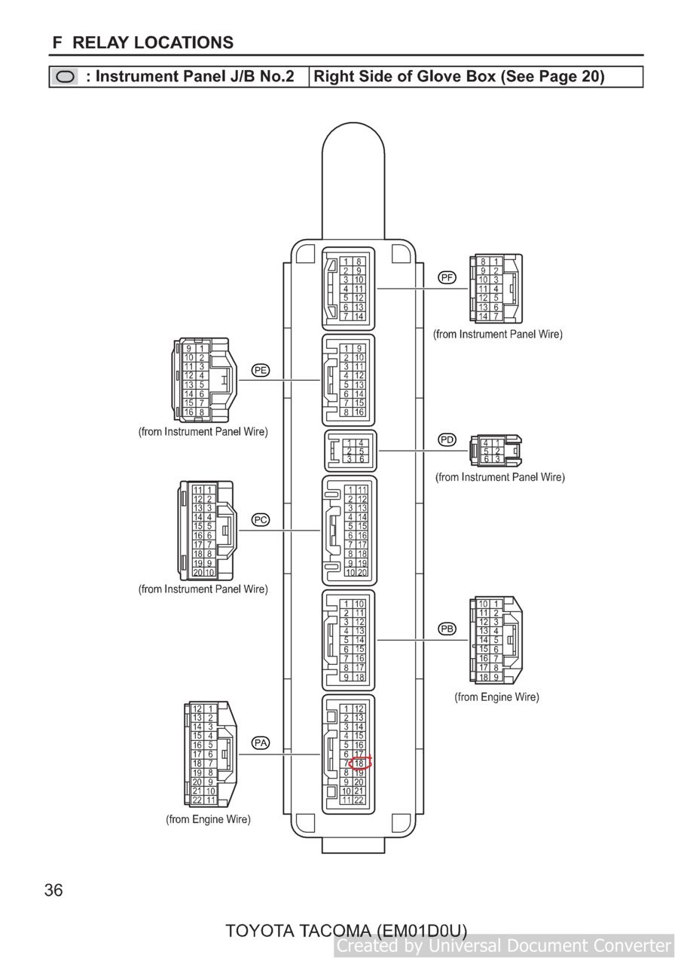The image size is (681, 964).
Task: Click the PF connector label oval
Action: click(447, 277)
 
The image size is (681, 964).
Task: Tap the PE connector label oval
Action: click(260, 370)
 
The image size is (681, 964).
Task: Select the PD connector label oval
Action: click(447, 439)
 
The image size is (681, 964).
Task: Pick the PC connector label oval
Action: click(260, 520)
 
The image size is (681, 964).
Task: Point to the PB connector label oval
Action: click(447, 629)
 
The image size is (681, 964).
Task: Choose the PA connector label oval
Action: click(260, 743)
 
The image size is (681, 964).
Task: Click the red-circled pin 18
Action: click(359, 763)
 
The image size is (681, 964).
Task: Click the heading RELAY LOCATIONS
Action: click(153, 43)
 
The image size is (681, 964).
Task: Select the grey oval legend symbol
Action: click(65, 77)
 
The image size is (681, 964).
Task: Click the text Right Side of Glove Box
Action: click(405, 76)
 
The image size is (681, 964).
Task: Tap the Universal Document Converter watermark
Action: click(504, 945)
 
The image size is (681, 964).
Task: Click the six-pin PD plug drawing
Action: click(496, 451)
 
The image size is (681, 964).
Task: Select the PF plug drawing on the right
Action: click(496, 289)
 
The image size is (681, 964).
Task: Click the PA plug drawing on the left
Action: click(210, 754)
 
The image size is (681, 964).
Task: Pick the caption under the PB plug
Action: click(497, 696)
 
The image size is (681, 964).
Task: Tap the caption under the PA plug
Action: click(208, 819)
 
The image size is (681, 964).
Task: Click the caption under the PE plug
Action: click(203, 431)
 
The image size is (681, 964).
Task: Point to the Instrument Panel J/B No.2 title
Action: click(194, 76)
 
